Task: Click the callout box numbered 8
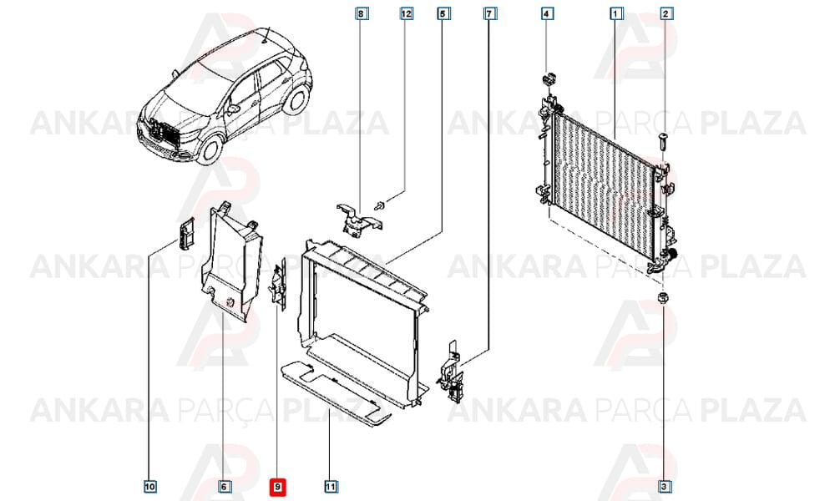coord(361,13)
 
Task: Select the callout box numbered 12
coord(407,13)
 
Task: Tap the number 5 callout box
coord(443,13)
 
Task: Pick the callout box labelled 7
coord(489,13)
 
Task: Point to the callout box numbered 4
coord(547,13)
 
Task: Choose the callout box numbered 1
coord(616,13)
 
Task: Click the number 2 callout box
coord(665,13)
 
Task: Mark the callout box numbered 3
coord(664,486)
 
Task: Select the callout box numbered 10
coord(150,486)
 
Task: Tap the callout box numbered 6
coord(224,486)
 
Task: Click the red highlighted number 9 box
coord(278,487)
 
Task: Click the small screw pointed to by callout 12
coord(380,205)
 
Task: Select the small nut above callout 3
coord(663,299)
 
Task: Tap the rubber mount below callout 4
coord(548,80)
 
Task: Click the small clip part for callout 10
coord(185,234)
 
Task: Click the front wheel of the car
coord(210,149)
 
